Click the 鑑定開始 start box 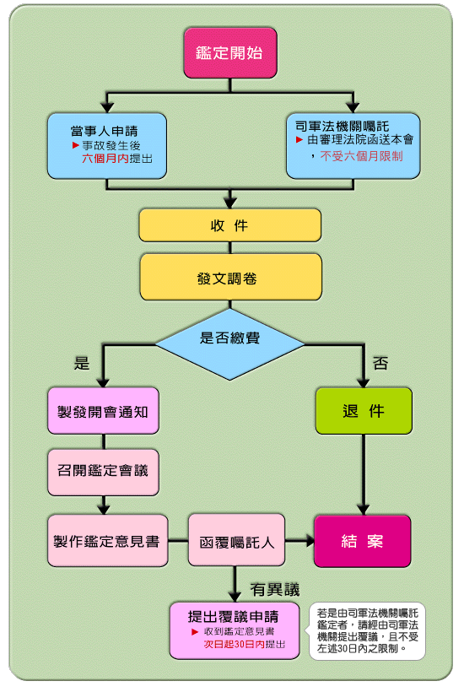[230, 53]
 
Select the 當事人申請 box [107, 146]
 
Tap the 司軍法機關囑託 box [353, 146]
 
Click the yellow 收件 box [230, 225]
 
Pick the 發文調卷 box [231, 277]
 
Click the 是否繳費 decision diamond [229, 343]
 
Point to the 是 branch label [82, 363]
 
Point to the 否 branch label [380, 363]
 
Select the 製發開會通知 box [103, 411]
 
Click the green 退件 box [364, 411]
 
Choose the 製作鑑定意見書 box [108, 541]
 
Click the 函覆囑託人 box [236, 540]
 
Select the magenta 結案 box [363, 541]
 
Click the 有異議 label [275, 590]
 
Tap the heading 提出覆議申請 [233, 616]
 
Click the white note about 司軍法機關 [368, 631]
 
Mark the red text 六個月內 [105, 159]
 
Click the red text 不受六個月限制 [361, 156]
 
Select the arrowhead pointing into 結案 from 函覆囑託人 [310, 541]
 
